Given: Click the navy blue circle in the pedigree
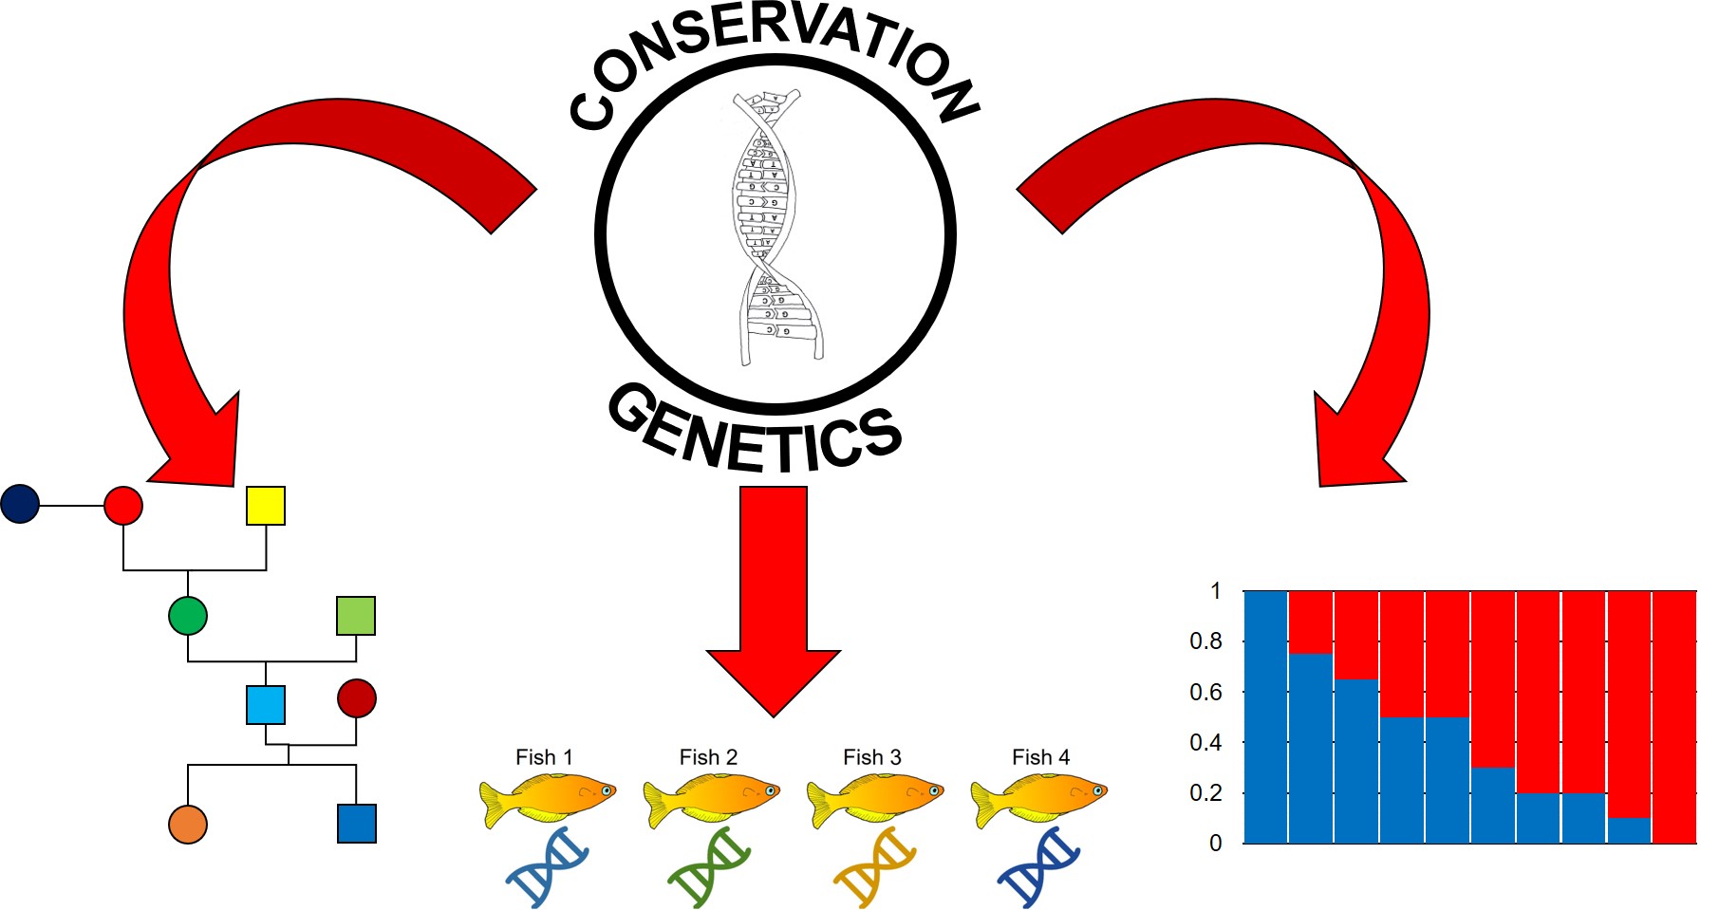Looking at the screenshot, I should [x=20, y=504].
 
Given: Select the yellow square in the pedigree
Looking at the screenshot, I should [x=266, y=506].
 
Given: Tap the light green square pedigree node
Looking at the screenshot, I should [x=356, y=616].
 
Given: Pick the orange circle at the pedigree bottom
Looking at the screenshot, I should [x=188, y=825].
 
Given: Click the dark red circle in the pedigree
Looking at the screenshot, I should [x=357, y=698].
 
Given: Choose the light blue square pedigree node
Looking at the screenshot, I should [x=266, y=705].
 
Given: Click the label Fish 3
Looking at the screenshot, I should [x=871, y=757].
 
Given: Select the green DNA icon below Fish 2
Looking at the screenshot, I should [x=709, y=866].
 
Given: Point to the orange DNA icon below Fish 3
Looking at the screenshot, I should [x=873, y=866].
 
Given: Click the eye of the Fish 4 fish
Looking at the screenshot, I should [x=1097, y=789].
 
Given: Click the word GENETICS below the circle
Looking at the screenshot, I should [x=755, y=433].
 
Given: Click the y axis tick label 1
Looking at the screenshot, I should [x=1215, y=591].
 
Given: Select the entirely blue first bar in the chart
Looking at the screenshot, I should [x=1265, y=716].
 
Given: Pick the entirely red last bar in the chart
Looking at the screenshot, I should [x=1674, y=716].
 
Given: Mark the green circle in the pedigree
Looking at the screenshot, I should [x=188, y=616].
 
